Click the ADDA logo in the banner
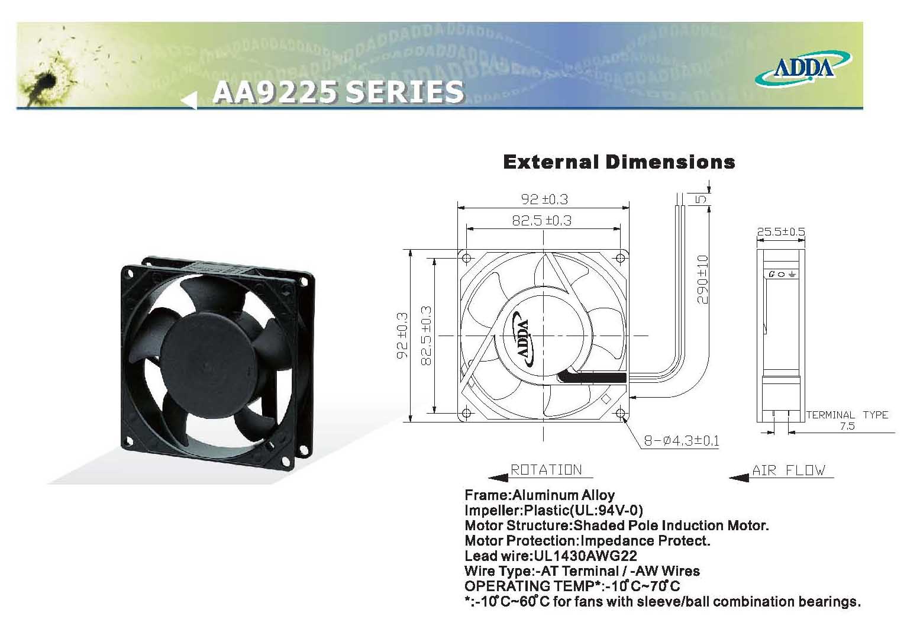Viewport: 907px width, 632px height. point(803,69)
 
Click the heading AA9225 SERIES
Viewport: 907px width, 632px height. point(338,92)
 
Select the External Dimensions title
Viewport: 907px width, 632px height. point(619,162)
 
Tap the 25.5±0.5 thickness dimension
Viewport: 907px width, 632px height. point(780,231)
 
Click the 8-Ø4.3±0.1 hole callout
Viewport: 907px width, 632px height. point(682,440)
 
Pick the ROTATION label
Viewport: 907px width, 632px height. point(546,470)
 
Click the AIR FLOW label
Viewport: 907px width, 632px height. point(788,470)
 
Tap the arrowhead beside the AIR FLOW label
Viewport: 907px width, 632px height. point(738,478)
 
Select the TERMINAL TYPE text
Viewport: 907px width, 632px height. point(847,415)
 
